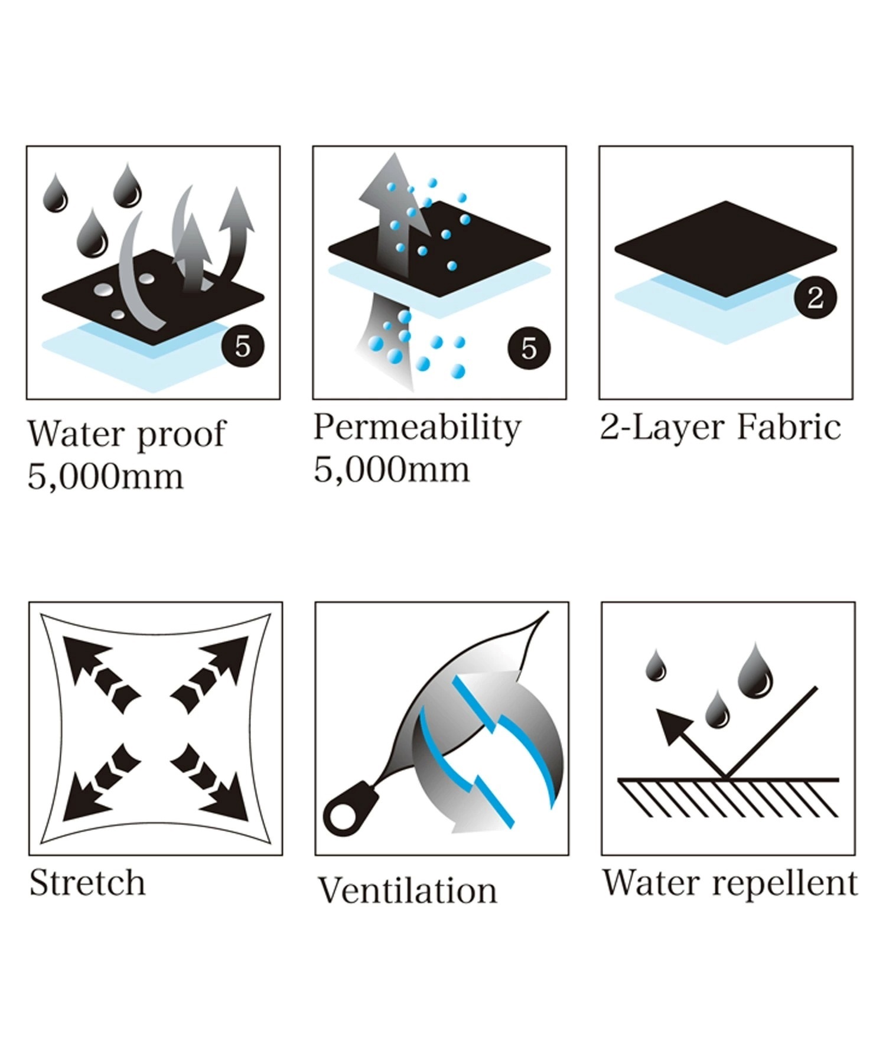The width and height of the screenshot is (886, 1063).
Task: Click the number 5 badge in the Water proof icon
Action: pos(242,346)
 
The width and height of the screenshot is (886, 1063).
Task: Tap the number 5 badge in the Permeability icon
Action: pos(529,348)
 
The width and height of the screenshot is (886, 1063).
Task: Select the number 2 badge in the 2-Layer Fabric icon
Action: pos(815,297)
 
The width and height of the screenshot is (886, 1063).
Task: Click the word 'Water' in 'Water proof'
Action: pos(77,434)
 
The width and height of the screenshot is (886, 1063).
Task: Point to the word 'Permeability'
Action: pos(417,428)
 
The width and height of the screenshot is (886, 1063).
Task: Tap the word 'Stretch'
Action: pos(87,883)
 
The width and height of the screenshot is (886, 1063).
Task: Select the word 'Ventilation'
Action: pos(408,891)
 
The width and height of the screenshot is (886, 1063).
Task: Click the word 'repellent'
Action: pos(785,884)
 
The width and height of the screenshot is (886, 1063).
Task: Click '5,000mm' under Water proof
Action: pos(106,477)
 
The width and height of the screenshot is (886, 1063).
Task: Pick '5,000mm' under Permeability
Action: pos(392,470)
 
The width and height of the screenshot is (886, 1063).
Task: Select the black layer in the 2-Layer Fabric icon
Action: pos(726,249)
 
